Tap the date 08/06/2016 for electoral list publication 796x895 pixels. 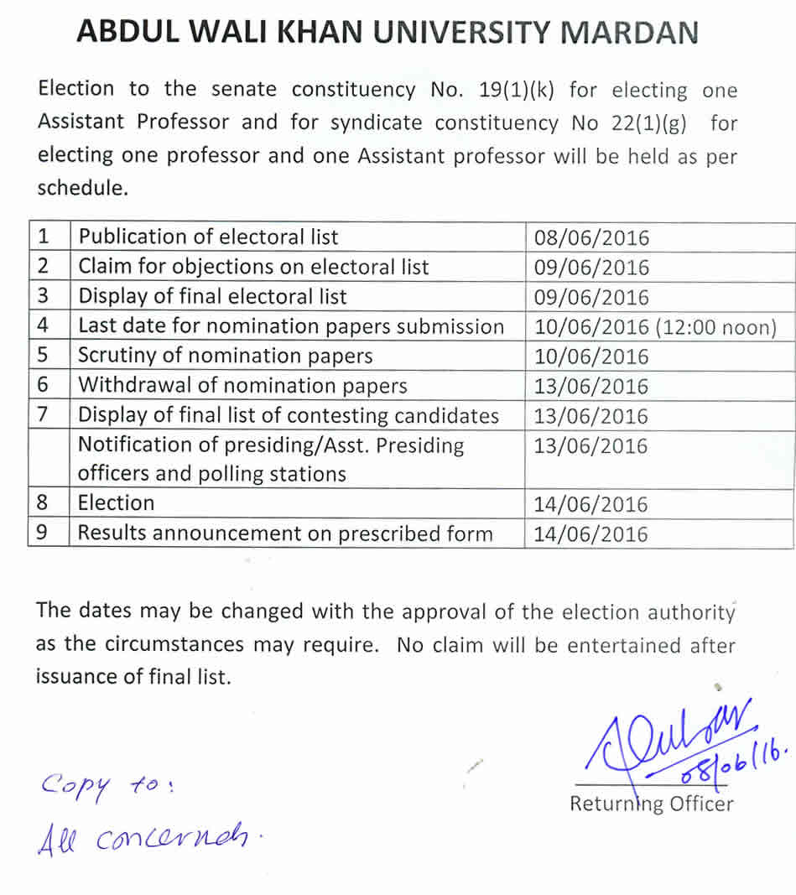(591, 237)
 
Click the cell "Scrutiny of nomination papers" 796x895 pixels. (225, 356)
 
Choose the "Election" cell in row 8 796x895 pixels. (117, 503)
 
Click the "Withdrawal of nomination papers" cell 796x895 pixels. (242, 386)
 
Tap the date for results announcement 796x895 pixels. (591, 534)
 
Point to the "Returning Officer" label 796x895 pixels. (651, 804)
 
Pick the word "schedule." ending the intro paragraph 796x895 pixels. (82, 189)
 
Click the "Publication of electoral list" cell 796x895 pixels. (208, 237)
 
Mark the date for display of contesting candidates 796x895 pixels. (591, 416)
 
